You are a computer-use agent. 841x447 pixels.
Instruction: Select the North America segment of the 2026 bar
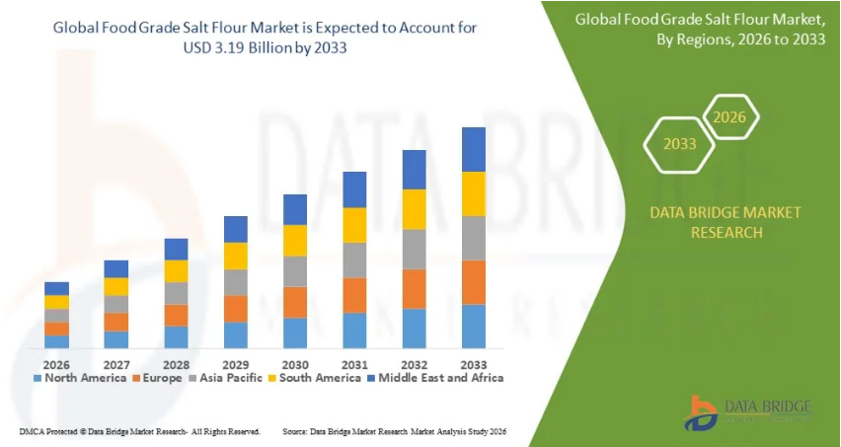pos(57,341)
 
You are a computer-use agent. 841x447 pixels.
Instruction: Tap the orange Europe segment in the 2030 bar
pos(295,302)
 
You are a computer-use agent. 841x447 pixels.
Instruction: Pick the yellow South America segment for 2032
pos(415,209)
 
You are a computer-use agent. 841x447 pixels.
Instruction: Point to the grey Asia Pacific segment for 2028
pos(176,293)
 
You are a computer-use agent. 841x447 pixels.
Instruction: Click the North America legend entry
pos(83,377)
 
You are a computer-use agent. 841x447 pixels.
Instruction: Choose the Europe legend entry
pos(157,377)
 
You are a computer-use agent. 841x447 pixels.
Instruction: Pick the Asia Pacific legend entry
pos(228,377)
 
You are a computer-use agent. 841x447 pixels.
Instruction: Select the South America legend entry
pos(315,377)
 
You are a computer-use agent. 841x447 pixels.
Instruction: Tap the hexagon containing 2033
pos(679,144)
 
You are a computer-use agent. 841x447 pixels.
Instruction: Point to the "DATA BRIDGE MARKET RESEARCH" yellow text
pos(712,222)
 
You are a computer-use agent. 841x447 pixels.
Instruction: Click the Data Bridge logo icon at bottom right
pos(702,410)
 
